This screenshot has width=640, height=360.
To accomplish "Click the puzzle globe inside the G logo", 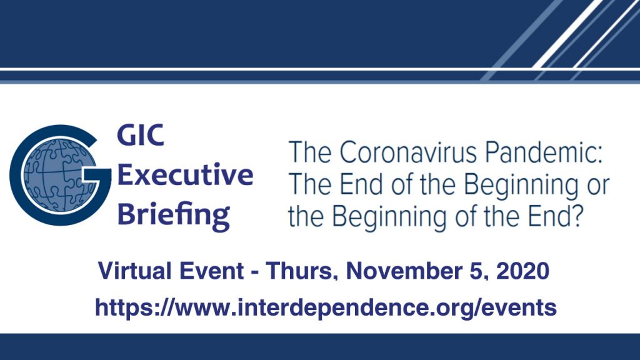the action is pos(60,175).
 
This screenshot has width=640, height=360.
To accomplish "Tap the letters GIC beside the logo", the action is pos(141,135).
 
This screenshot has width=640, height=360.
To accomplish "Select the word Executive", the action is pos(185,175).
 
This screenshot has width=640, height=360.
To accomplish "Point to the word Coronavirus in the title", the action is pos(408,152).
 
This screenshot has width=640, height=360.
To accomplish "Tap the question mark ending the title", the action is pos(575,216).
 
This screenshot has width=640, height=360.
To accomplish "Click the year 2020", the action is pos(523,271).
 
